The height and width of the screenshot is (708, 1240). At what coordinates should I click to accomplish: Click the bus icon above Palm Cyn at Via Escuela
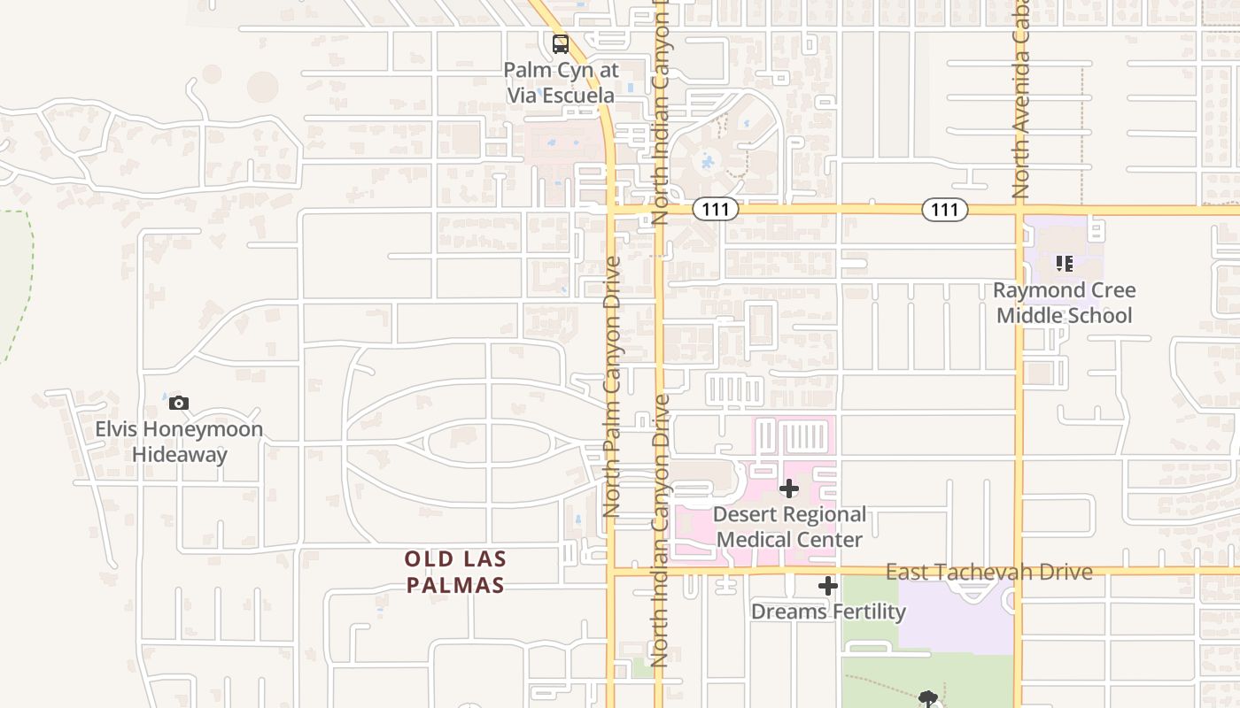[560, 43]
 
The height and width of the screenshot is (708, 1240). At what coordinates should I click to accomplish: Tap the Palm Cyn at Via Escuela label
[561, 82]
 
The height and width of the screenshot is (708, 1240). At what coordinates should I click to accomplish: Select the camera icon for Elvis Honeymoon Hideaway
[179, 404]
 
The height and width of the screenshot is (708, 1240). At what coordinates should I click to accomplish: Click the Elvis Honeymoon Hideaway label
[179, 442]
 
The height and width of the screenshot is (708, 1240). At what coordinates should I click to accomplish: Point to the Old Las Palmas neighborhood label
[455, 572]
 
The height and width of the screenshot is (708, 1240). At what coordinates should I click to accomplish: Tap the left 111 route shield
[715, 210]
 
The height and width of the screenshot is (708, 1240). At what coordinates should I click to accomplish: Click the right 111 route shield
[945, 210]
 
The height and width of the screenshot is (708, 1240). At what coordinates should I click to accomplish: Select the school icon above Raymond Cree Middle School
[1064, 263]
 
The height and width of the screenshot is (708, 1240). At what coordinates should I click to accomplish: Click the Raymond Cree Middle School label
[1064, 303]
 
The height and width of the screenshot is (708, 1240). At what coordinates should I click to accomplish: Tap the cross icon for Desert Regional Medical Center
[788, 489]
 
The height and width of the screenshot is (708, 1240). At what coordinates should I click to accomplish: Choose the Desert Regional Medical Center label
[789, 527]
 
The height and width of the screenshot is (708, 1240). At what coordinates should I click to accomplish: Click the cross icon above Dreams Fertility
[827, 586]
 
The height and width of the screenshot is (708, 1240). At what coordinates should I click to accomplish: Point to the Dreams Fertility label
[828, 612]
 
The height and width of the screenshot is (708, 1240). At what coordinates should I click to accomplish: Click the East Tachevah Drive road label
[988, 572]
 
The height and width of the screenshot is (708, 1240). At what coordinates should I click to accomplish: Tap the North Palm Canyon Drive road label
[611, 387]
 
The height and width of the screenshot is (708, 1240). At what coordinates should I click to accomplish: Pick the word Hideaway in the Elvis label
[180, 455]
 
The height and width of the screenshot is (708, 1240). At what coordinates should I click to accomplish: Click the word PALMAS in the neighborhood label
[455, 585]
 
